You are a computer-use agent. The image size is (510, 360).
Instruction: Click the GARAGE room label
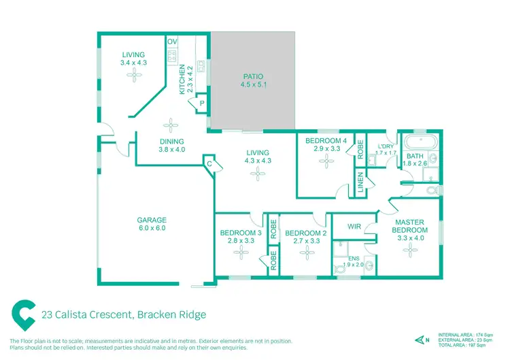point(152,220)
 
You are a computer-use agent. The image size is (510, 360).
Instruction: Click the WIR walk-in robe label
point(354,227)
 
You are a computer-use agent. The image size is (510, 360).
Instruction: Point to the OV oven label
point(172,42)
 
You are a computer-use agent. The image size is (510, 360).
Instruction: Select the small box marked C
point(209,163)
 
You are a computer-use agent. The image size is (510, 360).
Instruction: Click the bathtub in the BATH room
point(420,144)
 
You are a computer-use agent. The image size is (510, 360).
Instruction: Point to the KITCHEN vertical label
point(182,78)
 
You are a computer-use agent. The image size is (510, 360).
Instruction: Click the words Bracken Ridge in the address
point(171,314)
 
